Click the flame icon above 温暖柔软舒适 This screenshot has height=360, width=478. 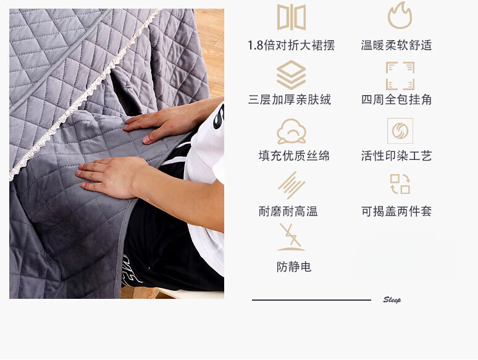(x=400, y=15)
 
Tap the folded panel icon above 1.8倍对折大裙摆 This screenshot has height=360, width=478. (x=291, y=17)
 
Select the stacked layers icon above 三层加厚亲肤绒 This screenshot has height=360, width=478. (x=291, y=75)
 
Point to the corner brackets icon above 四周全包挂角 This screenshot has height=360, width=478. (x=400, y=75)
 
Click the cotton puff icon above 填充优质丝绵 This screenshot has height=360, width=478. (x=291, y=131)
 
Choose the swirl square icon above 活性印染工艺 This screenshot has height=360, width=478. (x=400, y=131)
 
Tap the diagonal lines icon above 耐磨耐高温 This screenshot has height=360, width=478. (x=291, y=185)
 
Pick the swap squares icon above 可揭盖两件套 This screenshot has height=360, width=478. (x=400, y=184)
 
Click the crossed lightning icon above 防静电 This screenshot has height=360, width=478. (x=291, y=237)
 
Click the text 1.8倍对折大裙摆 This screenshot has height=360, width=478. (x=291, y=46)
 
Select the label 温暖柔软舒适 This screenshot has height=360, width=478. (x=396, y=46)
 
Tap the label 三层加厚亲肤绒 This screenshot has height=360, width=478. (x=290, y=99)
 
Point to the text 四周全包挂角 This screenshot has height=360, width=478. (x=396, y=99)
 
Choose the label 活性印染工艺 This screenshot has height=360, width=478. (x=396, y=156)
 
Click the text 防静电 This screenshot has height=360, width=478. (x=294, y=267)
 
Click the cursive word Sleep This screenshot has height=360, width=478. (x=392, y=299)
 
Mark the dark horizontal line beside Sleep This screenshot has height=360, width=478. (x=311, y=300)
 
